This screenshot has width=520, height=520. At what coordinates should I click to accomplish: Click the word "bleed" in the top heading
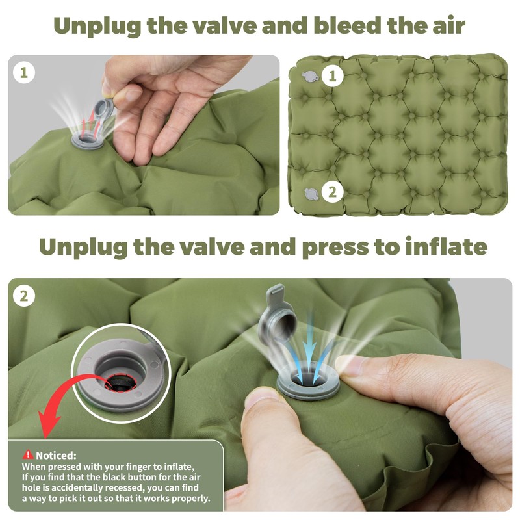pyautogui.click(x=348, y=25)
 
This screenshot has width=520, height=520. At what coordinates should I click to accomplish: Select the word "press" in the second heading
pyautogui.click(x=335, y=248)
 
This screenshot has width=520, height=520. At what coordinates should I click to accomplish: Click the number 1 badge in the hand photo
pyautogui.click(x=24, y=73)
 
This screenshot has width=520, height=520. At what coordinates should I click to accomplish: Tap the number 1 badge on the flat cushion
pyautogui.click(x=332, y=76)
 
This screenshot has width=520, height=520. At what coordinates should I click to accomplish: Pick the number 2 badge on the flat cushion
pyautogui.click(x=332, y=192)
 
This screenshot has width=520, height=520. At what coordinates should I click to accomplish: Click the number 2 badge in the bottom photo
pyautogui.click(x=24, y=296)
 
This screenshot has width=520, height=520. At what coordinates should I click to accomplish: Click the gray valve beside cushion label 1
pyautogui.click(x=310, y=77)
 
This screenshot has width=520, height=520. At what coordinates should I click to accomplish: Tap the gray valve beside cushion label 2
pyautogui.click(x=311, y=194)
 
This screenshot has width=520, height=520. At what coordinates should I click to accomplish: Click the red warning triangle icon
pyautogui.click(x=28, y=454)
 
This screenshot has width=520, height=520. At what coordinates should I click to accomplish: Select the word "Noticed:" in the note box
pyautogui.click(x=56, y=455)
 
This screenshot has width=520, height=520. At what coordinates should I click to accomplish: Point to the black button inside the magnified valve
pyautogui.click(x=121, y=383)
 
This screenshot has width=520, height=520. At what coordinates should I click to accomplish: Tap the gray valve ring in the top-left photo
pyautogui.click(x=86, y=141)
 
